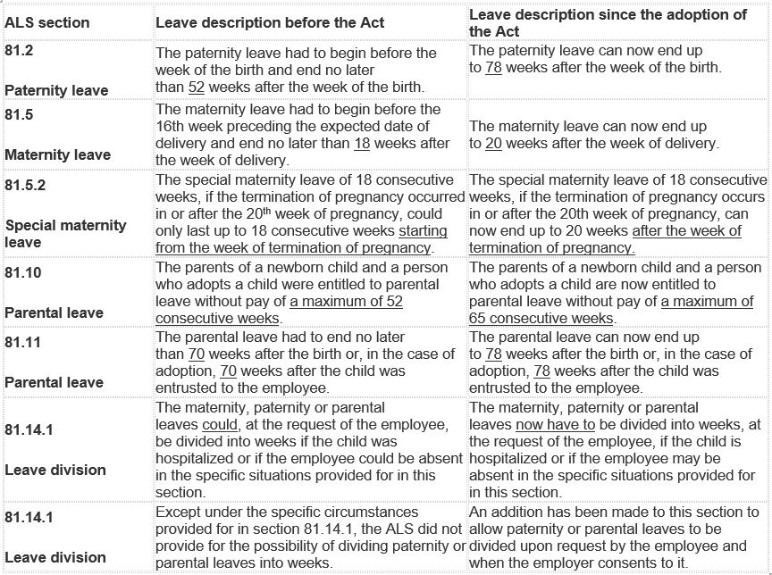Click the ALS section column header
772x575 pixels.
point(46,22)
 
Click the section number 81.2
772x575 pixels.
point(19,52)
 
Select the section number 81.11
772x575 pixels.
point(22,342)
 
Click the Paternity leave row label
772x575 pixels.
point(56,90)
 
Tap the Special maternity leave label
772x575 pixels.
point(65,233)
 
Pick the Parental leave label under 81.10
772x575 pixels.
point(54,312)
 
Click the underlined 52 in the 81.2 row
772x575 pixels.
point(198,86)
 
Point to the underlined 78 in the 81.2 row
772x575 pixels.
point(493,69)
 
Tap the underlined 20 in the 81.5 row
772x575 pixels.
point(494,144)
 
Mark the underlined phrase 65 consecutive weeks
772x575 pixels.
point(541,319)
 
